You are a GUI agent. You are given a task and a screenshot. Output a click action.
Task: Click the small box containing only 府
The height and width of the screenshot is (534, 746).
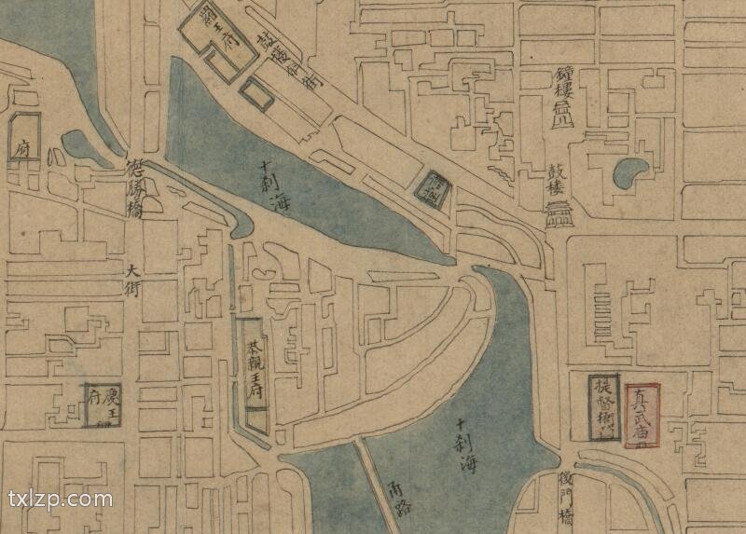pyautogui.click(x=23, y=141)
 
